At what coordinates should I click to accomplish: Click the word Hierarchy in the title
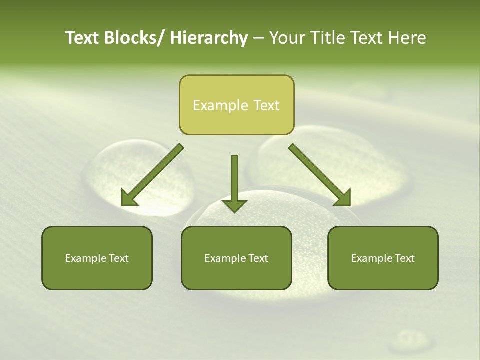(209, 38)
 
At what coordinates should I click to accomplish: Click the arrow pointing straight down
(234, 180)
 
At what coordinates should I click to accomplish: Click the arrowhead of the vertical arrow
(234, 205)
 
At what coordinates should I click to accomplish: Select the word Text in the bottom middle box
(258, 258)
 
